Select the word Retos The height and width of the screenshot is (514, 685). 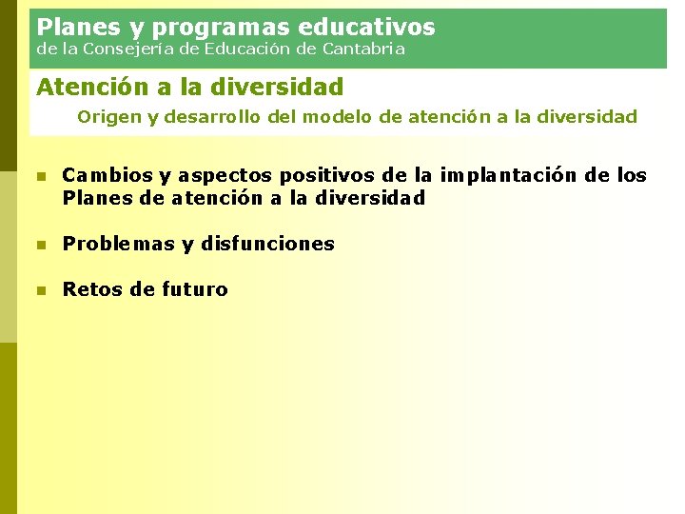[x=91, y=289]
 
